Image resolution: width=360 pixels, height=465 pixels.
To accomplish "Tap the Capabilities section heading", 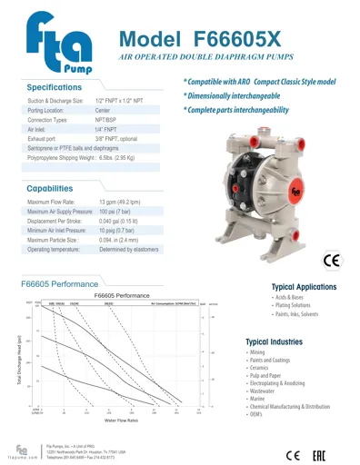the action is (56, 188).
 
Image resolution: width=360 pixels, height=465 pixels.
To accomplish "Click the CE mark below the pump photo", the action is (331, 262).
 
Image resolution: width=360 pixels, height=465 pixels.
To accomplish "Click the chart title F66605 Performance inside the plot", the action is (121, 296).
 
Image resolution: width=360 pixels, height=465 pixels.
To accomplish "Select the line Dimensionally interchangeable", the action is (238, 95).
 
